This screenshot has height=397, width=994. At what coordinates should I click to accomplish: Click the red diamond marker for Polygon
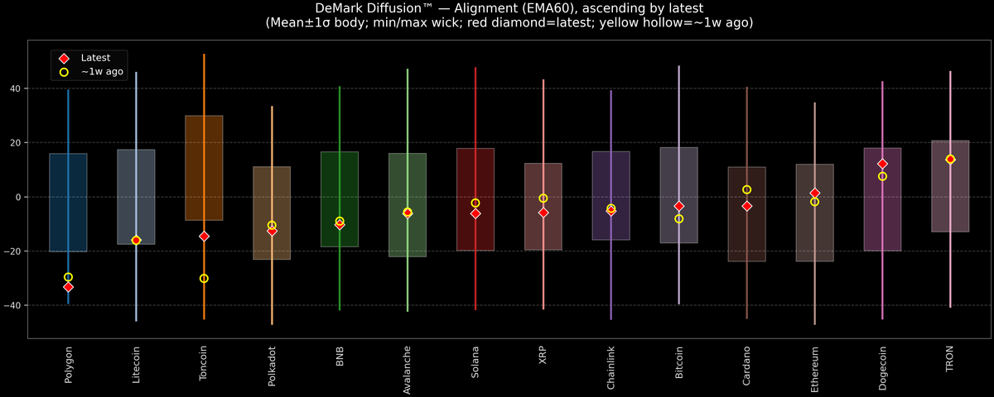68,287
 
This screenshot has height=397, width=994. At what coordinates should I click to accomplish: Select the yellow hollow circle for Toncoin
204,279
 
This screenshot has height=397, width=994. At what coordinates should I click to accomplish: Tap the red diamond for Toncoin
204,237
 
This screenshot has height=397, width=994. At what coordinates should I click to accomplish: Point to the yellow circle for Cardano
747,189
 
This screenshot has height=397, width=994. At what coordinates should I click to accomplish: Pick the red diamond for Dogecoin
882,164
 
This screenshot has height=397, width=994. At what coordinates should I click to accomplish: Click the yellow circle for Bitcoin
679,219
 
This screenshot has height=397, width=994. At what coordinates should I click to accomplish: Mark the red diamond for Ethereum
815,193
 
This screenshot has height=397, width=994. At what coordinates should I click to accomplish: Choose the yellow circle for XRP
543,198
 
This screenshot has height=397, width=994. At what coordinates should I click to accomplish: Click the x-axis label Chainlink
611,369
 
